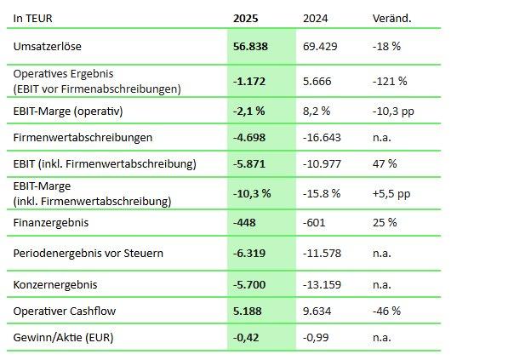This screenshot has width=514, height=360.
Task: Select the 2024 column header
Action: click(x=316, y=18)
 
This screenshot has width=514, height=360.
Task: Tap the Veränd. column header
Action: click(x=391, y=18)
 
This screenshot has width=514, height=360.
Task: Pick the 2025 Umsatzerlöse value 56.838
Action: click(x=250, y=46)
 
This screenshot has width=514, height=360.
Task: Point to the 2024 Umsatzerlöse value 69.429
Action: click(x=321, y=46)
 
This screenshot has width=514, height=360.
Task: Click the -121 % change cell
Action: click(x=390, y=81)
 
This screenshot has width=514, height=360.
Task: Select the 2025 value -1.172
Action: click(x=249, y=81)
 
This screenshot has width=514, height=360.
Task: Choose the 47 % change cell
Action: click(x=385, y=163)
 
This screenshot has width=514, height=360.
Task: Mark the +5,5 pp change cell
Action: click(x=391, y=193)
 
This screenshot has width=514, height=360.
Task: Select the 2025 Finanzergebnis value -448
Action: click(x=244, y=223)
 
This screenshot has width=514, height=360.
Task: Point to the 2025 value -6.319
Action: click(x=249, y=254)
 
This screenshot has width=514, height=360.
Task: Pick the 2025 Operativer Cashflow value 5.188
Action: click(x=248, y=311)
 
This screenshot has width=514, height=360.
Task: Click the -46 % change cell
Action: click(x=387, y=311)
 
